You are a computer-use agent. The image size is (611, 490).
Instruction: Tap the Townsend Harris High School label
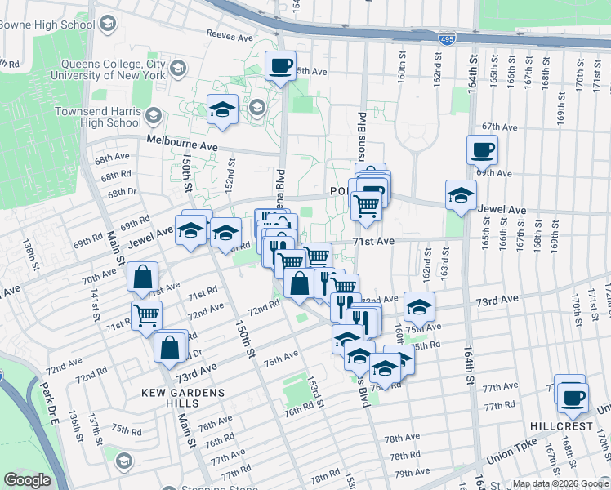click(x=97, y=117)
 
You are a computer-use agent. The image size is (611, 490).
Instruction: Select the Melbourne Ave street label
click(x=182, y=143)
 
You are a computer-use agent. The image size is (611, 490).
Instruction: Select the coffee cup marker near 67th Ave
click(x=482, y=149)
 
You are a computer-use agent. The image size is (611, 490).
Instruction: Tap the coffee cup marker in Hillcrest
click(x=572, y=396)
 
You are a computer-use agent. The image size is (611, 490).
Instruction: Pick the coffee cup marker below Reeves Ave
click(x=280, y=65)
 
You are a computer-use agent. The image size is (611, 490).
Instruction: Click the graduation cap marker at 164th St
click(x=461, y=196)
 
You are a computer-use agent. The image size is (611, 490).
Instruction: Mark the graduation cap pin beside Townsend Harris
click(x=222, y=110)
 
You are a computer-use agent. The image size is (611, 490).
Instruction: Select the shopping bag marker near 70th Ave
click(x=143, y=278)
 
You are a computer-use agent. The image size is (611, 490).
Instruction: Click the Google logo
click(x=27, y=481)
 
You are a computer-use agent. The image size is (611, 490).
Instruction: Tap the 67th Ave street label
click(x=500, y=127)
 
